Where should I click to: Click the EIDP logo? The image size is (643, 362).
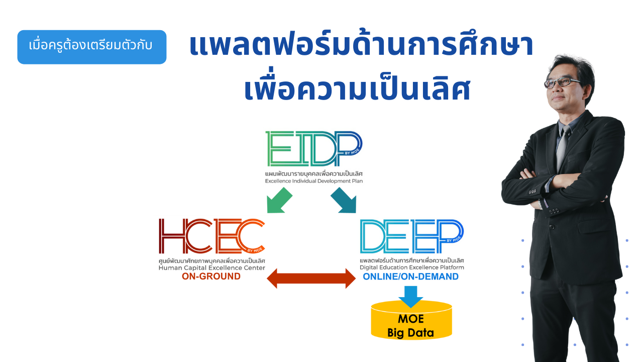coord(314,148)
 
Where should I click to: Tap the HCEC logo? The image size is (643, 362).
coord(211,236)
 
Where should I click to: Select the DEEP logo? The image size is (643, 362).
coord(411,236)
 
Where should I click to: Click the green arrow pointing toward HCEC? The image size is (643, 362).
coord(279,201)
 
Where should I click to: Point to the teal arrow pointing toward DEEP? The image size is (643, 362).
coord(344,201)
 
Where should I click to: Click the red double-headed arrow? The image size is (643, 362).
coord(311,279)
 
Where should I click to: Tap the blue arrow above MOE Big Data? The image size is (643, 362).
coord(410,297)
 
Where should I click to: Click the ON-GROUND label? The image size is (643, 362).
coord(211,277)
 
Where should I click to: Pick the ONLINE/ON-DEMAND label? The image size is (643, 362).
coord(411,277)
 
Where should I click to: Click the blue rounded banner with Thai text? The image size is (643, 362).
coord(92,47)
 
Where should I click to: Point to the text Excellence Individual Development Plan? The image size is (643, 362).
coord(314,181)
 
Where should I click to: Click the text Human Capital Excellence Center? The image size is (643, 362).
coord(212,268)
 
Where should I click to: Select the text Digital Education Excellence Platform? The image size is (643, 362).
coord(412,267)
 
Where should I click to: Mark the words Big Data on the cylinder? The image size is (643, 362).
coord(410,333)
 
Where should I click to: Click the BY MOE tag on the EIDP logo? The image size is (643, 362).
coord(352,151)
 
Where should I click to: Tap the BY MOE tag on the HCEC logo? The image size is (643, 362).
coord(255,250)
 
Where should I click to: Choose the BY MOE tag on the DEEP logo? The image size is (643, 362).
coord(454,239)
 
